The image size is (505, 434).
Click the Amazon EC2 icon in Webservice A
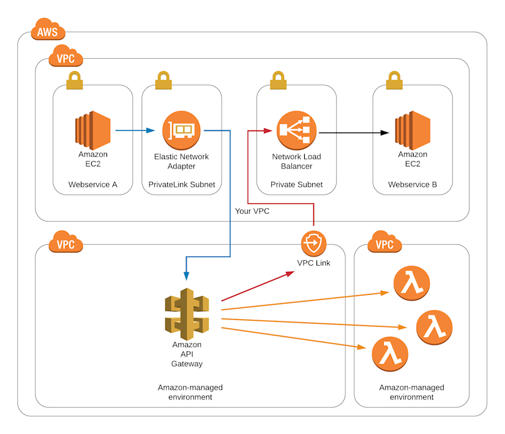point(92,130)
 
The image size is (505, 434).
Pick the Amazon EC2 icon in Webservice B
point(413,130)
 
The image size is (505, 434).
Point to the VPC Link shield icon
point(313,244)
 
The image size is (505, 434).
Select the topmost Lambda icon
point(412,283)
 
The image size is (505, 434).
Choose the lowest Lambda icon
point(390,354)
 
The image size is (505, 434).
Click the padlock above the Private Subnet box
point(278,80)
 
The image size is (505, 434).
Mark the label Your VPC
point(252,211)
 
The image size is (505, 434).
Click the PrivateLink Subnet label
point(181,184)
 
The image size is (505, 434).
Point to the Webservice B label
point(412,184)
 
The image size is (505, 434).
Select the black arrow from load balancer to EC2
point(353,132)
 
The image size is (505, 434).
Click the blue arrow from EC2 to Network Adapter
point(135,130)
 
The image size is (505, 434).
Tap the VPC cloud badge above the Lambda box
point(384,244)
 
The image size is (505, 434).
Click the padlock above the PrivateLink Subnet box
point(163,80)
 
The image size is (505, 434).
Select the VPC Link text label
point(313,263)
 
